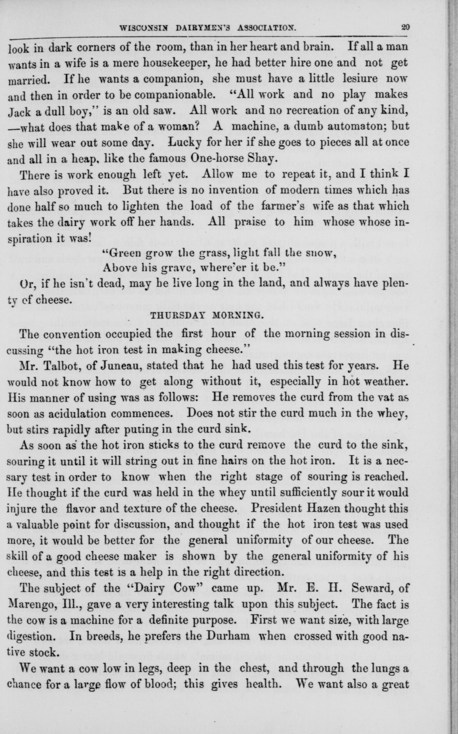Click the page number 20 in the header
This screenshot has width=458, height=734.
tap(405, 27)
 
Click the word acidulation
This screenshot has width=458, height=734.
tap(77, 413)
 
